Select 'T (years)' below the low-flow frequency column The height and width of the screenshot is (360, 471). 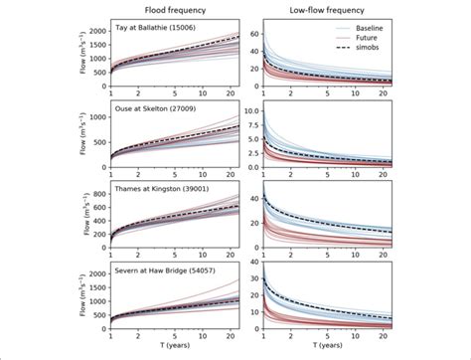(333, 348)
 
